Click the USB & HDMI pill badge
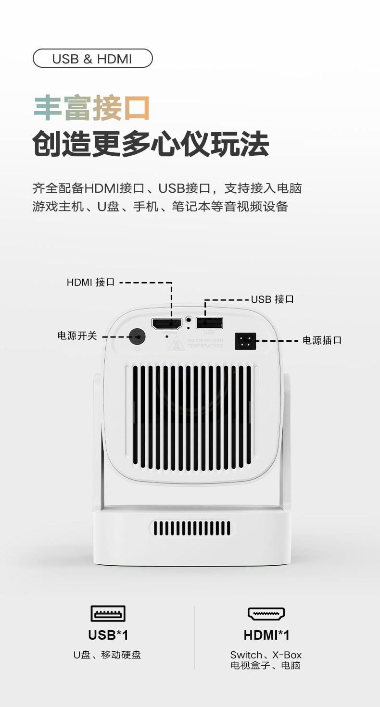click(92, 59)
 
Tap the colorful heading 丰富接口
click(91, 108)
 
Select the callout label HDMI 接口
click(90, 282)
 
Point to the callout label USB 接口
click(272, 299)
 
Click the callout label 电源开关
click(77, 335)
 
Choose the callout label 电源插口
click(322, 340)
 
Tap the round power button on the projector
click(138, 336)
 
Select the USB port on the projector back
click(209, 322)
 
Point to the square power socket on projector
click(245, 341)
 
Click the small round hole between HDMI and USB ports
click(188, 319)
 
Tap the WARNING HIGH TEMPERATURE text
click(205, 343)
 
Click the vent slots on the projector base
click(191, 528)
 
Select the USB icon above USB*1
click(108, 614)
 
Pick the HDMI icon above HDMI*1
click(266, 614)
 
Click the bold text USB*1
click(108, 635)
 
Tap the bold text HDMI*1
click(266, 635)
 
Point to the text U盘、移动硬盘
click(107, 655)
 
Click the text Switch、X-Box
click(266, 655)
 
